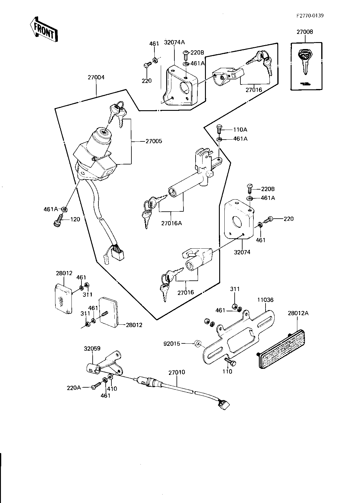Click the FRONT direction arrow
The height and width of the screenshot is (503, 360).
tap(44, 29)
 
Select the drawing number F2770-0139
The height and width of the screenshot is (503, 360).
tap(310, 15)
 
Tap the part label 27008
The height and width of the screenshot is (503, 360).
tap(305, 32)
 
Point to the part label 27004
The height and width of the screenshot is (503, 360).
tap(96, 78)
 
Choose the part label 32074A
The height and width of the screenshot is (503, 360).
tap(174, 42)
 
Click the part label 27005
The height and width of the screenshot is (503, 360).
tap(154, 141)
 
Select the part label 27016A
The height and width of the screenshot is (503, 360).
tap(172, 223)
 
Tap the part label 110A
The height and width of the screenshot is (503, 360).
tap(240, 130)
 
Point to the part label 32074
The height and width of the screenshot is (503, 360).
tap(242, 252)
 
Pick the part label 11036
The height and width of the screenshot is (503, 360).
tap(265, 300)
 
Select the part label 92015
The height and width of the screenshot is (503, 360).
tap(172, 344)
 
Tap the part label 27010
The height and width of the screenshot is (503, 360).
tap(177, 372)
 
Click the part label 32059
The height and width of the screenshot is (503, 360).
tap(92, 349)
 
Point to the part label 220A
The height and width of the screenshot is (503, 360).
tap(74, 388)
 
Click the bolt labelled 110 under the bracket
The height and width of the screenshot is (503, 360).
tap(230, 362)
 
